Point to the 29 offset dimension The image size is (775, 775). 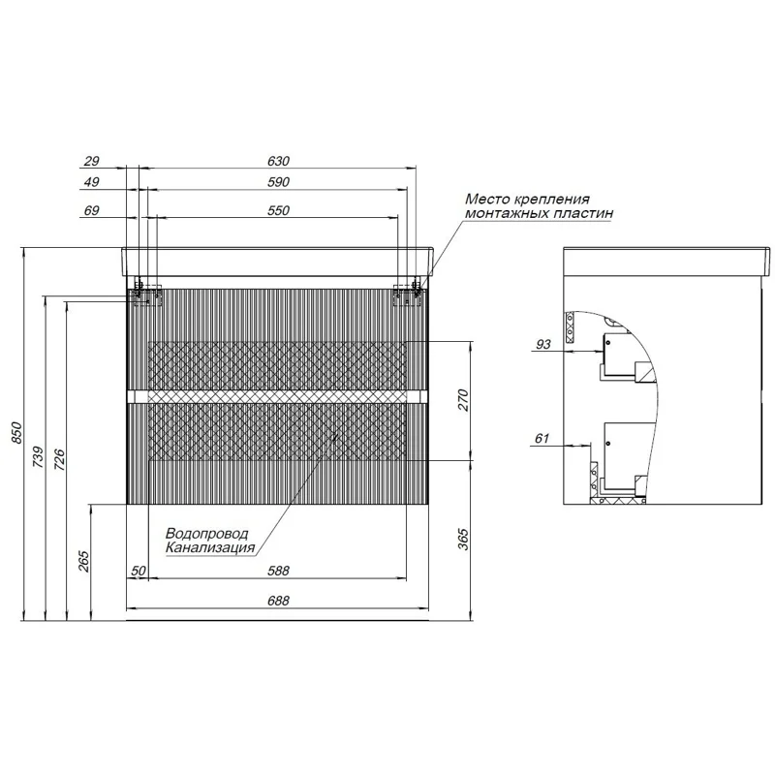point(92,161)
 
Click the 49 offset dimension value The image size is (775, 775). point(92,181)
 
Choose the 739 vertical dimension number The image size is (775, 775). point(38,456)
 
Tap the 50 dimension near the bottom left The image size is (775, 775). point(138,572)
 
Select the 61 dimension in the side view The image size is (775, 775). point(541,439)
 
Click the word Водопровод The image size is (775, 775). point(206,534)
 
